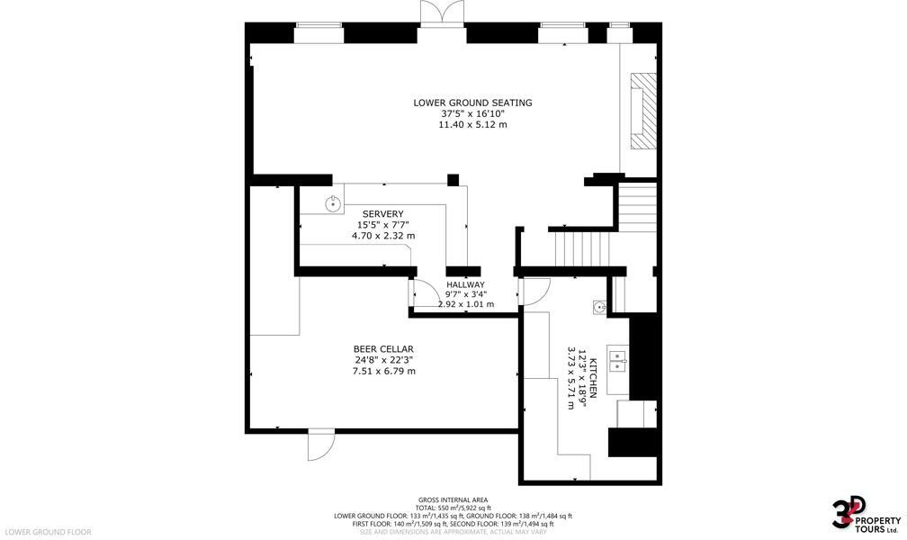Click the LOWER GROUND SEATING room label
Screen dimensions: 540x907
coord(472,103)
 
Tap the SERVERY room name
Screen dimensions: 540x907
coord(382,213)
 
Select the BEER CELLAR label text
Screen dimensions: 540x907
coord(383,349)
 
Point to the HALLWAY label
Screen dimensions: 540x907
coord(465,284)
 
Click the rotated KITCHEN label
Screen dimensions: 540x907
coord(592,379)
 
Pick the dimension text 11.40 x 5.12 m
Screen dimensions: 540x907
coord(472,124)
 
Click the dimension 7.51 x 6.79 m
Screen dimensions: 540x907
coord(383,371)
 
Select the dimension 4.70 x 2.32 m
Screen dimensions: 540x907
coord(382,236)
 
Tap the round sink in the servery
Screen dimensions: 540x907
coord(333,203)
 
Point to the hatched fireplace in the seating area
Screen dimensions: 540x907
coord(643,111)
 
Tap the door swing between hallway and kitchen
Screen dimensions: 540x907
coord(534,291)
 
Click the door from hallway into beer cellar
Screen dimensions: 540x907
coord(419,293)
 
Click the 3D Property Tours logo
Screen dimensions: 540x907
coord(865,515)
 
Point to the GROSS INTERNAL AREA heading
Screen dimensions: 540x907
coord(453,499)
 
